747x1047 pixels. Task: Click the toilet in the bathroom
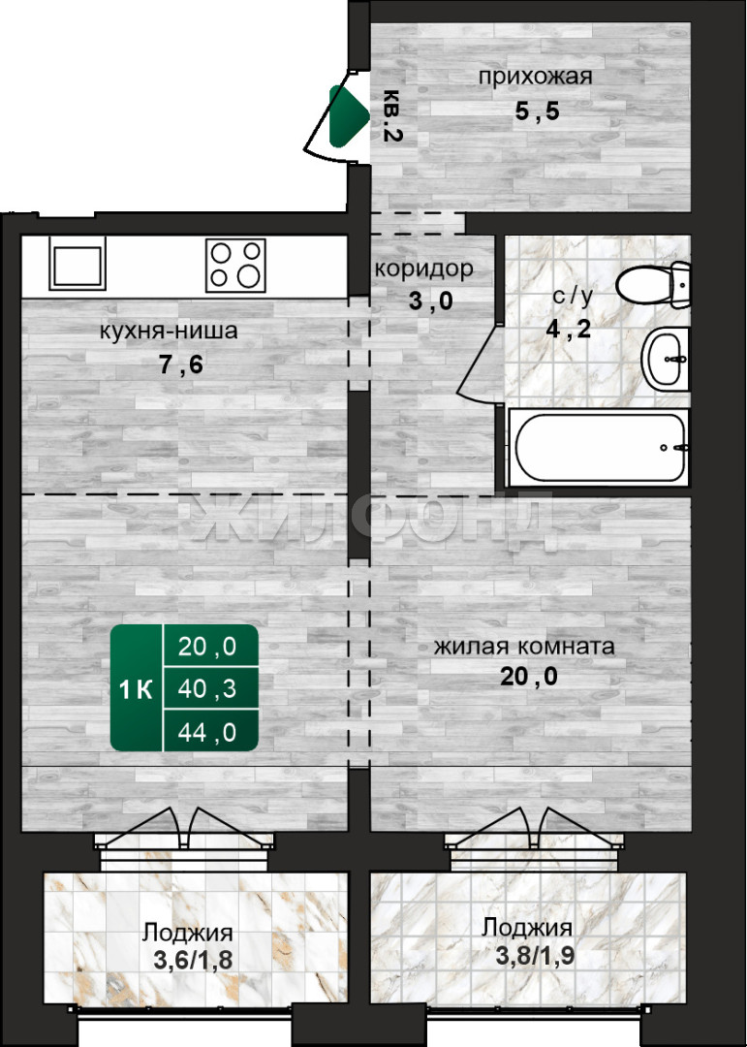point(654,284)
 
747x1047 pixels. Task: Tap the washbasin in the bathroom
point(666,359)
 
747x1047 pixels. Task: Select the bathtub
point(598,447)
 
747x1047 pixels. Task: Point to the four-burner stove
point(235,265)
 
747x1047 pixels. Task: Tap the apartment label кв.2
point(392,115)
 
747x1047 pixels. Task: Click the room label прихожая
point(536,77)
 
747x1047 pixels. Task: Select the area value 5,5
point(537,111)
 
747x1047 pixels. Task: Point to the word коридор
point(424,270)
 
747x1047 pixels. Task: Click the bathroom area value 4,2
point(569,329)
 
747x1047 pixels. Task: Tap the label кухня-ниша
point(169,331)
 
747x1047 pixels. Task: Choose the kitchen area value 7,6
point(181,365)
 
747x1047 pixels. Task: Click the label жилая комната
point(524,647)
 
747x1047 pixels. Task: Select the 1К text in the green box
point(137,690)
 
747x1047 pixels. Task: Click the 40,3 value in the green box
point(207,688)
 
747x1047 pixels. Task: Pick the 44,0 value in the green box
point(207,733)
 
